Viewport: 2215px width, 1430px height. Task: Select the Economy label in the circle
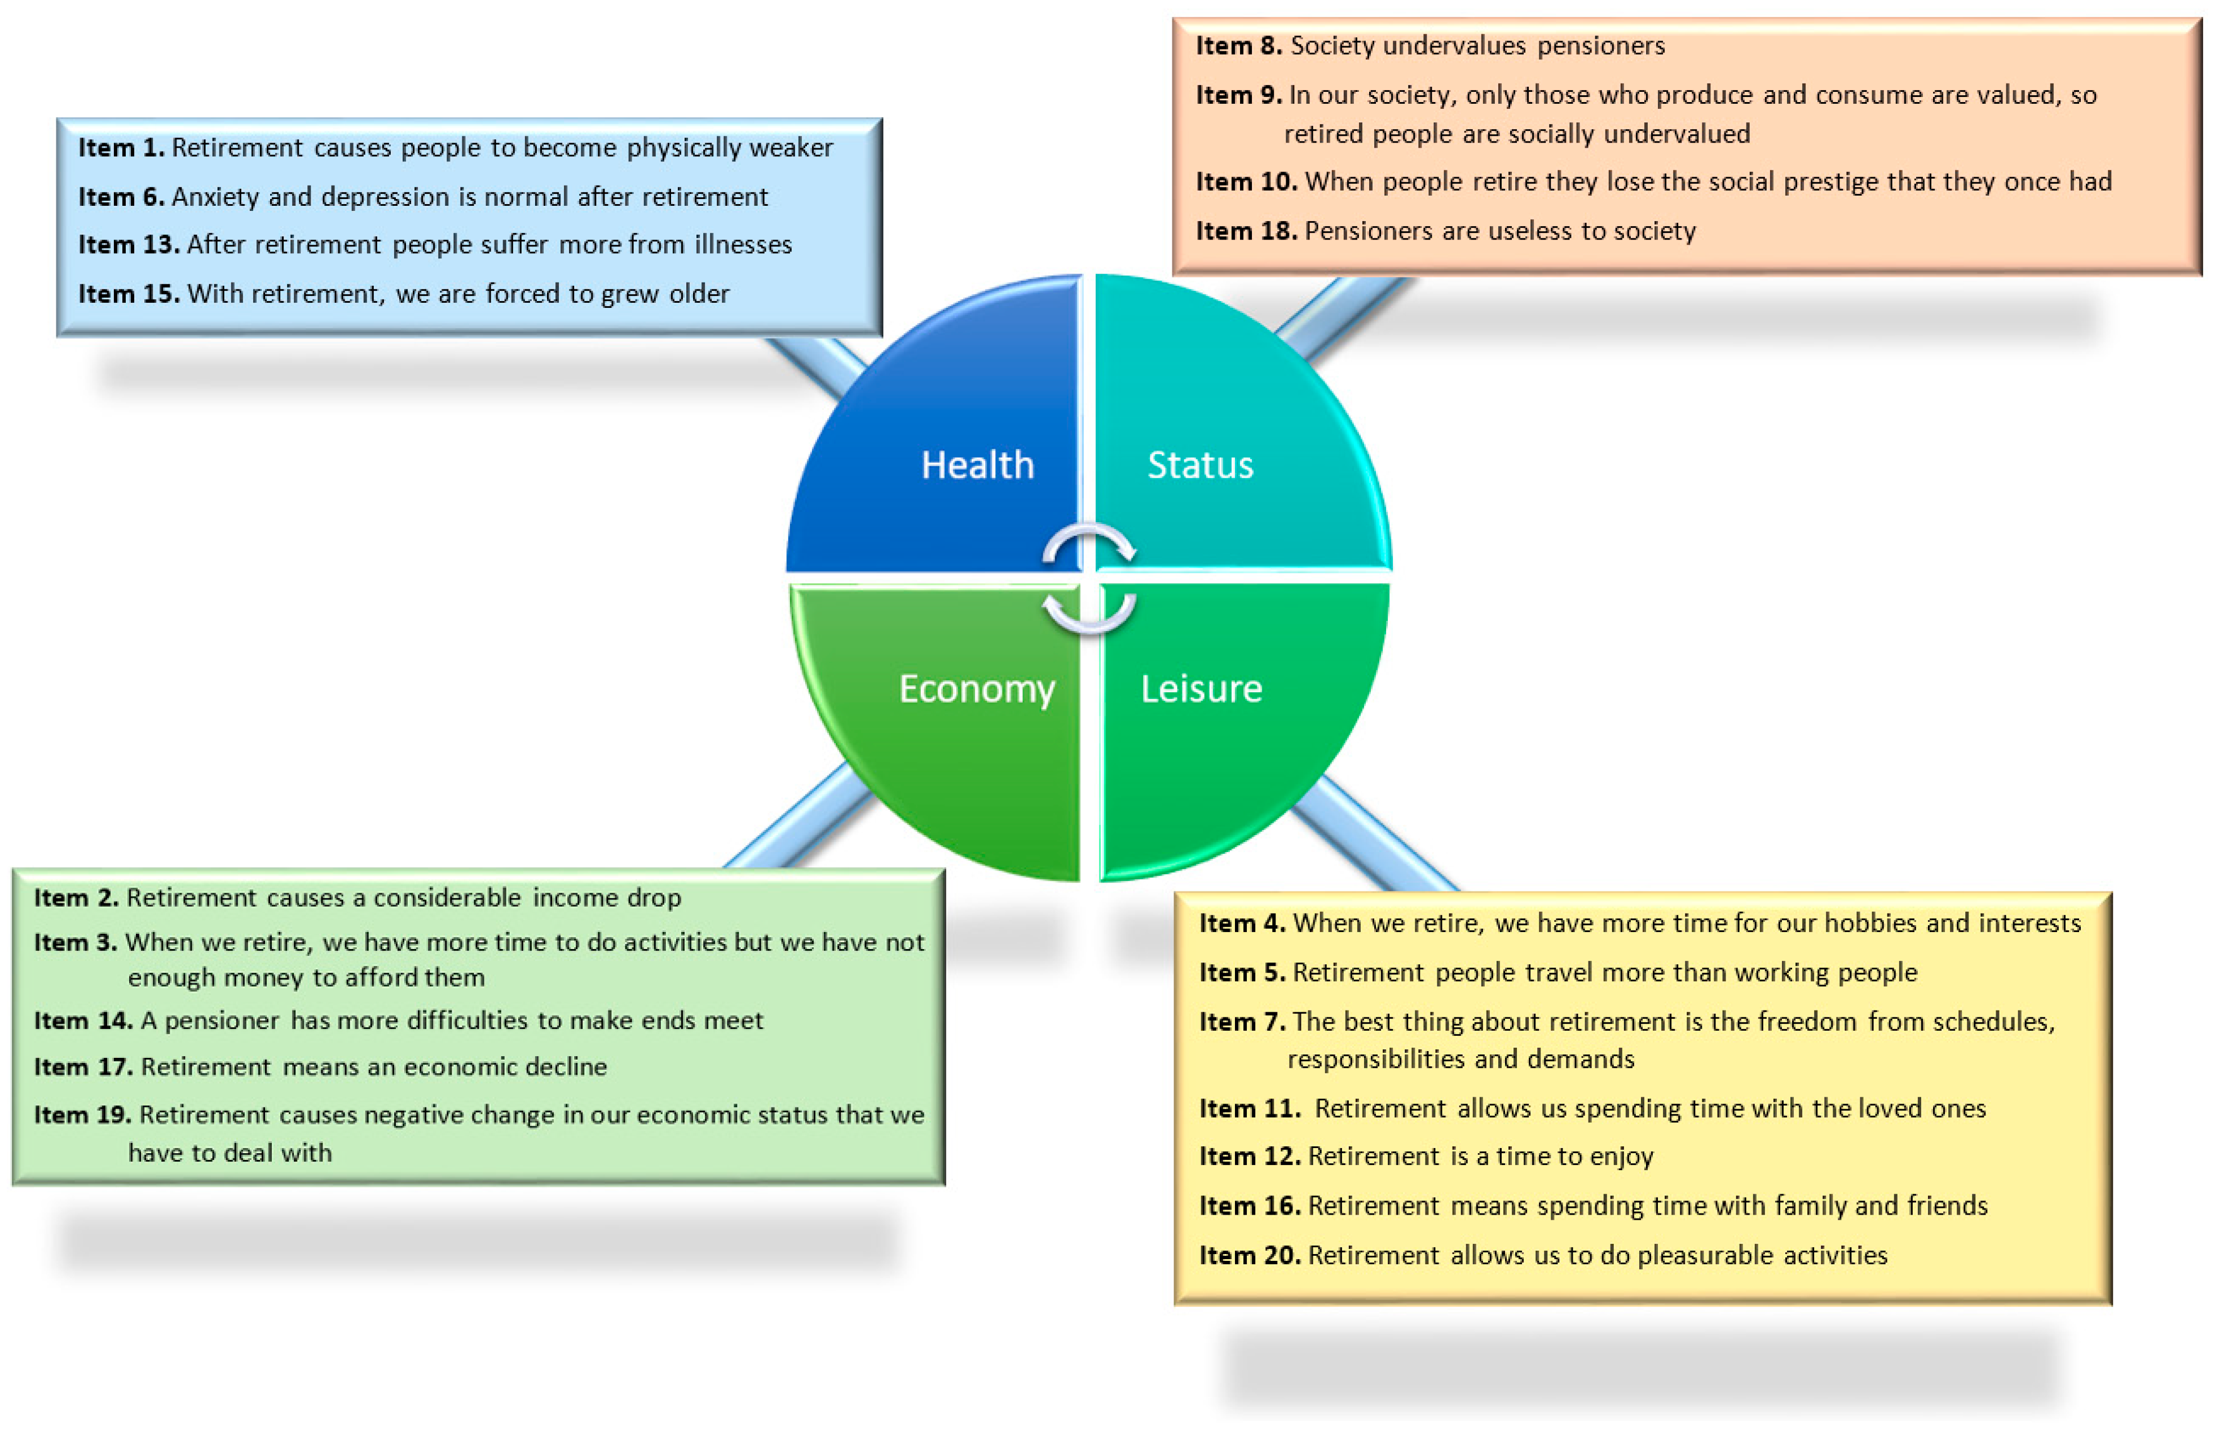pos(977,689)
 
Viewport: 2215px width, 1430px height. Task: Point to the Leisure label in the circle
pos(1201,689)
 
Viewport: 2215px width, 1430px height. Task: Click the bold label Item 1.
pos(121,148)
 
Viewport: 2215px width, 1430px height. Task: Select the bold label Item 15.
pos(128,293)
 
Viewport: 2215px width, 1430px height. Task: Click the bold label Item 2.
pos(76,897)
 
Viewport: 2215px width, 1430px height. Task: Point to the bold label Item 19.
pos(83,1114)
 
